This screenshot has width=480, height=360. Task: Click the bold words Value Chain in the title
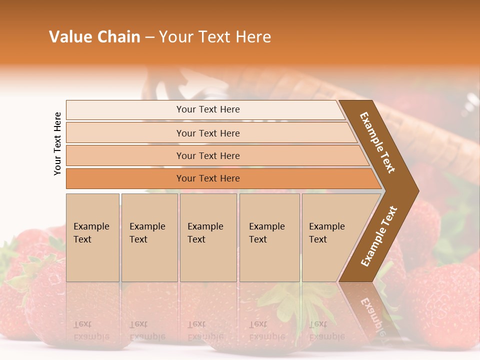[94, 37]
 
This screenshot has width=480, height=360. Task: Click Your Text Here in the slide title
[215, 37]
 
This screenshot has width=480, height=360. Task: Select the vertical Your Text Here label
[57, 143]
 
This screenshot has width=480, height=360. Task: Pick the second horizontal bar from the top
[207, 133]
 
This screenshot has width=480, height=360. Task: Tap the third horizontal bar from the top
[207, 155]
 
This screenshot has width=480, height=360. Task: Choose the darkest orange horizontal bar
[207, 178]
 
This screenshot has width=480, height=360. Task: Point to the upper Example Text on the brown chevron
[377, 142]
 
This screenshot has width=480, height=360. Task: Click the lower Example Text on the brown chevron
[379, 236]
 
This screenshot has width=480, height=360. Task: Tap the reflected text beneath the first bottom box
[90, 330]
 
